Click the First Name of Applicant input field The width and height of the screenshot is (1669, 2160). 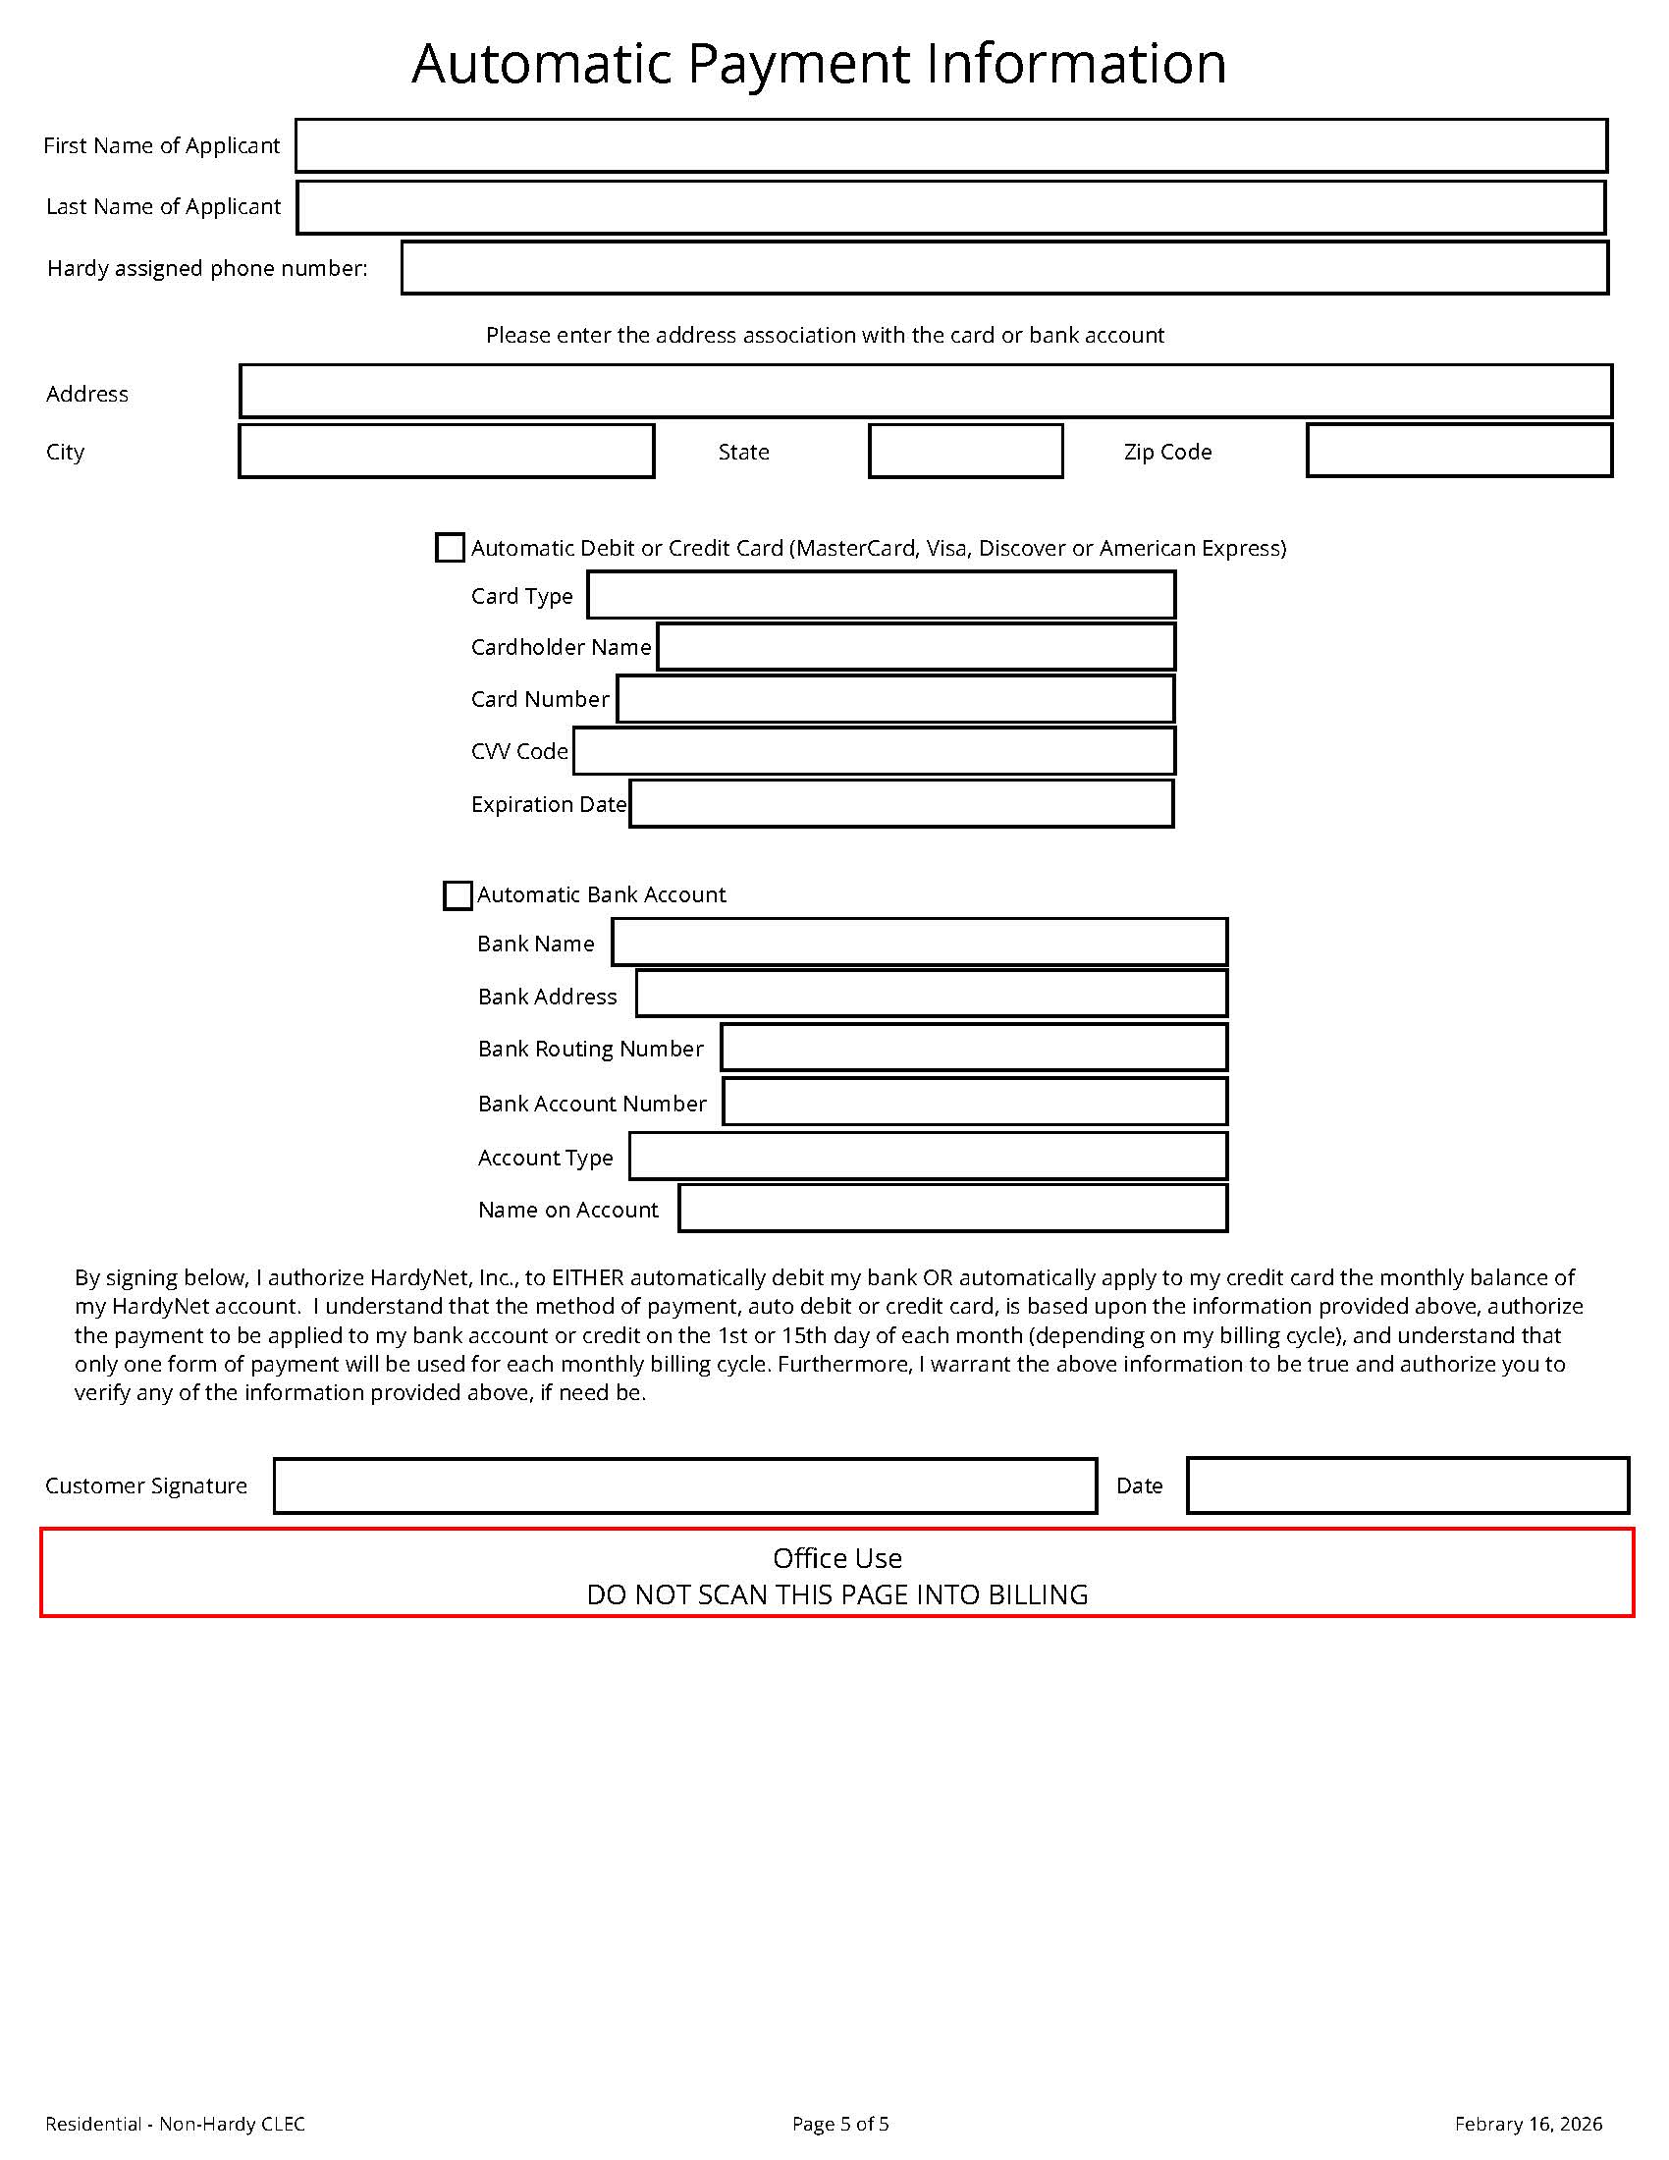tap(951, 145)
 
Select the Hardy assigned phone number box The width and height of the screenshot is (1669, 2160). tap(1004, 268)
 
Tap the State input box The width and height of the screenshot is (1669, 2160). tap(966, 452)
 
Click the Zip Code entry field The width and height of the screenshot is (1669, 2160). tap(1459, 451)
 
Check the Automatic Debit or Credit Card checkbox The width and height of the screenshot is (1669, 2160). tap(450, 548)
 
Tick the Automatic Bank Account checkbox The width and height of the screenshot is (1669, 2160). tap(458, 895)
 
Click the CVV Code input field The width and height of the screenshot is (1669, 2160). tap(874, 752)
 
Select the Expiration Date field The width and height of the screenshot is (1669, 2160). tap(901, 804)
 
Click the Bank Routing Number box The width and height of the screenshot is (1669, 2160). tap(974, 1049)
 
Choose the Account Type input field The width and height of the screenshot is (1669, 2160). tap(929, 1157)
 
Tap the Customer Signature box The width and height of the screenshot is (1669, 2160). tap(685, 1485)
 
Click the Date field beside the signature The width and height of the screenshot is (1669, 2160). tap(1408, 1485)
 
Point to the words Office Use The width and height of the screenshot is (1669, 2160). tap(837, 1559)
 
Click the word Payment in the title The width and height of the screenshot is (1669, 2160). tap(798, 64)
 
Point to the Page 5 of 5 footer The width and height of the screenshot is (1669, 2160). tap(840, 2124)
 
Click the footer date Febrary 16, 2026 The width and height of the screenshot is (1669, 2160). tap(1529, 2124)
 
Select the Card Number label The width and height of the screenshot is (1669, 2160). tap(540, 699)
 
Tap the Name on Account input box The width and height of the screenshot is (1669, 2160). tap(953, 1209)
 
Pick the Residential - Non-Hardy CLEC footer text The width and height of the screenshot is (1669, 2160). tap(175, 2124)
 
